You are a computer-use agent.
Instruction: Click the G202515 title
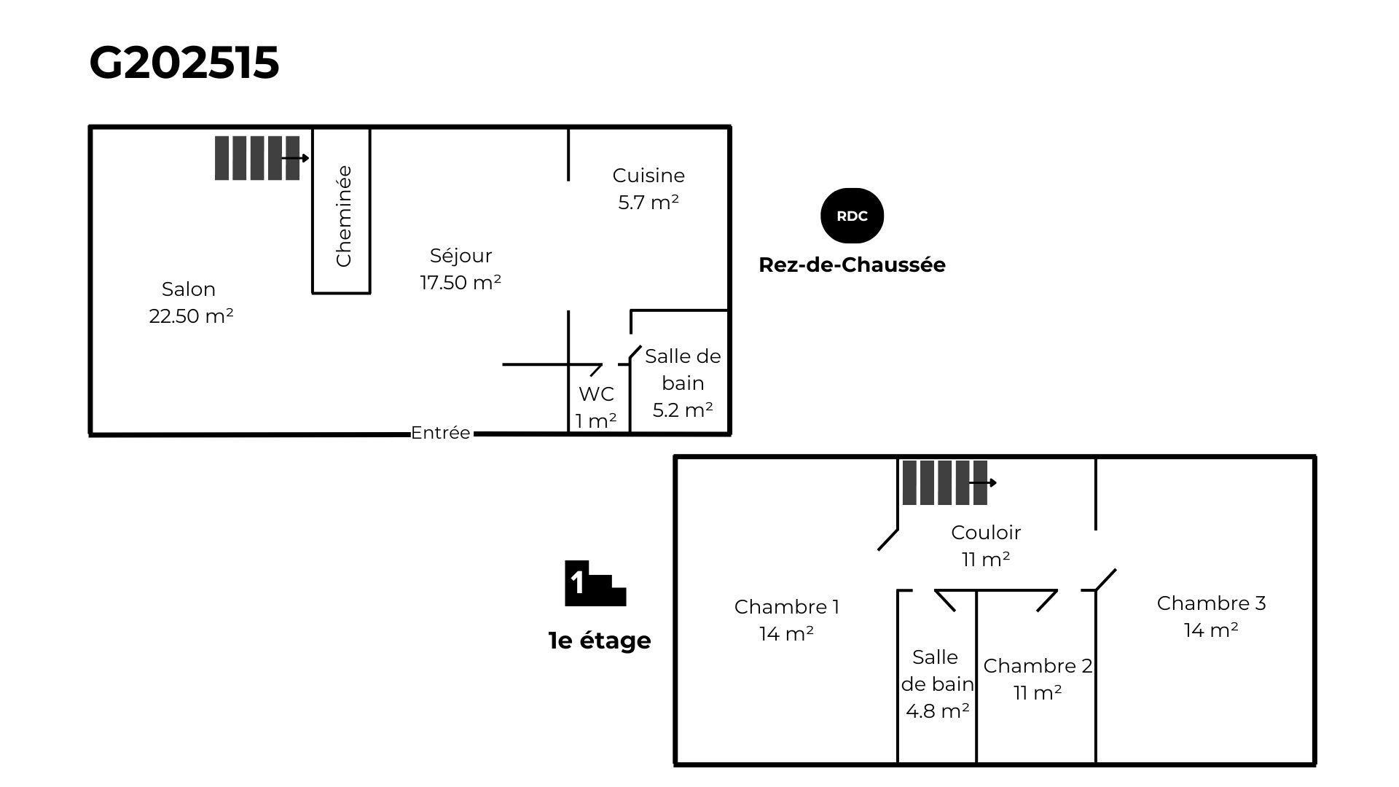click(x=184, y=63)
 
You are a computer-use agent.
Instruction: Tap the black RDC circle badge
click(x=852, y=216)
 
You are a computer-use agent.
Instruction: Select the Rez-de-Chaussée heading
click(x=852, y=265)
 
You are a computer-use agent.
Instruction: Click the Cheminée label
click(x=343, y=216)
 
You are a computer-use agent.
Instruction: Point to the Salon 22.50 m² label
click(x=190, y=302)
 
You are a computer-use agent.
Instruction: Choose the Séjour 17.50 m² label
click(x=461, y=269)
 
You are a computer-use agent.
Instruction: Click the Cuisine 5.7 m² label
click(x=648, y=189)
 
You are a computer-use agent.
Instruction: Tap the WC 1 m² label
click(x=596, y=407)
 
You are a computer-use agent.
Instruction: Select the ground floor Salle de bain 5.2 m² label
click(x=683, y=383)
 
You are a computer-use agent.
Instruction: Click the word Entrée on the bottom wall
click(x=440, y=433)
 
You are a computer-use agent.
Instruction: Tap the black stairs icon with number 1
click(x=595, y=584)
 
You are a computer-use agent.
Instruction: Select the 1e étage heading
click(x=599, y=641)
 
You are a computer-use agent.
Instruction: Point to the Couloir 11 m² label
click(x=986, y=546)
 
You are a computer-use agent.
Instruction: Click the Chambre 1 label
click(x=786, y=620)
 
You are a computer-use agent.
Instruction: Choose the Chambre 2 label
click(x=1038, y=679)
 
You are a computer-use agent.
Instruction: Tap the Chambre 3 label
click(x=1211, y=616)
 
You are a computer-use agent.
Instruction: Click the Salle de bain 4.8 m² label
click(x=937, y=684)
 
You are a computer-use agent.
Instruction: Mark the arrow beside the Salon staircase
click(x=295, y=158)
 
